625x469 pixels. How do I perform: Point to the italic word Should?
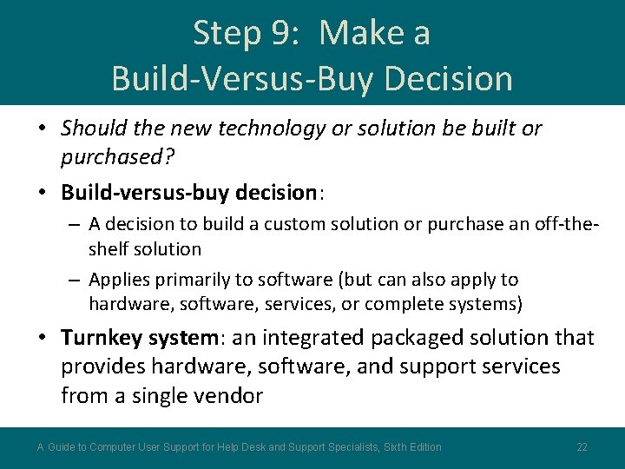coord(94,129)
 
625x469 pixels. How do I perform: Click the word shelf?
coord(109,249)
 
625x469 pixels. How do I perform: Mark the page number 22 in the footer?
coord(582,447)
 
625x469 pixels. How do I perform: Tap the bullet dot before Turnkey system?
coord(43,338)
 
